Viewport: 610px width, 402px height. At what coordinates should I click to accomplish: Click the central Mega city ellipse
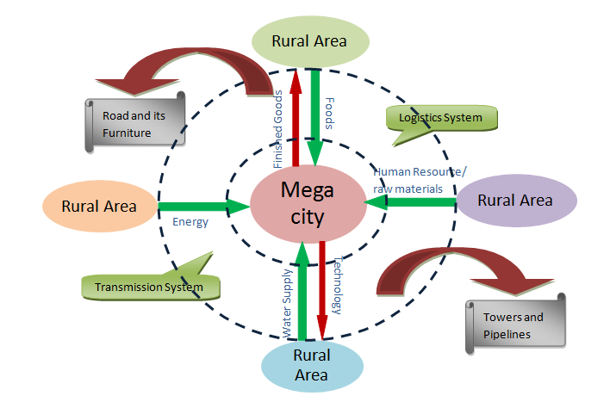308,206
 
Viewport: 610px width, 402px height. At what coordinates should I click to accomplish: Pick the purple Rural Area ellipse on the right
515,201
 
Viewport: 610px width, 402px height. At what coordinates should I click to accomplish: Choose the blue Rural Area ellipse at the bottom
310,365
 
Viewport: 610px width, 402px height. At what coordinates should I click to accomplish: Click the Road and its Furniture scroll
133,122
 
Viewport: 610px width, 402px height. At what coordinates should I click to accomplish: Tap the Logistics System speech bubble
440,117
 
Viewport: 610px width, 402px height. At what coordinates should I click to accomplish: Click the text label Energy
190,222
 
